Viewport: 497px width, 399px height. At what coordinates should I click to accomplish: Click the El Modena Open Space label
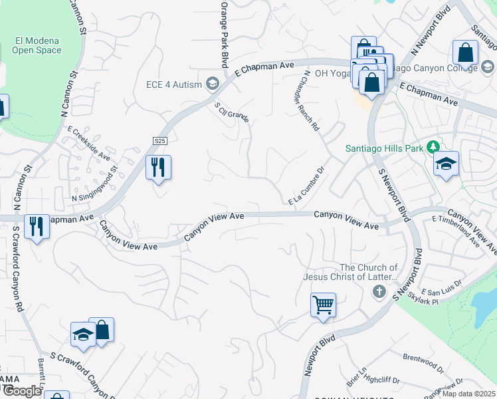coord(37,45)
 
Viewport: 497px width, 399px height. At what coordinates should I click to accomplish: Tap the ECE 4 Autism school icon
coord(213,83)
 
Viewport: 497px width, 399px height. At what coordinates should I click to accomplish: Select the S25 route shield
coord(159,141)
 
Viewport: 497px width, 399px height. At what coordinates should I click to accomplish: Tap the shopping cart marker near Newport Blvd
coord(323,305)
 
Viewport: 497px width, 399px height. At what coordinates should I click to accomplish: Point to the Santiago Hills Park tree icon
coord(433,147)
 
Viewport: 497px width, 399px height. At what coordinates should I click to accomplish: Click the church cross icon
coord(379,291)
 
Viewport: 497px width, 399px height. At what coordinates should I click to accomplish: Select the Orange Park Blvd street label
coord(223,33)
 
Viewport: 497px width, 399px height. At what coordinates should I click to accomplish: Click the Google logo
coord(21,391)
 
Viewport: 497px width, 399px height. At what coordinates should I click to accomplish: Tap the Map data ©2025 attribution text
coord(468,394)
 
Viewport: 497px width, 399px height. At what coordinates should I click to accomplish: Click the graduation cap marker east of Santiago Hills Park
coord(446,164)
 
